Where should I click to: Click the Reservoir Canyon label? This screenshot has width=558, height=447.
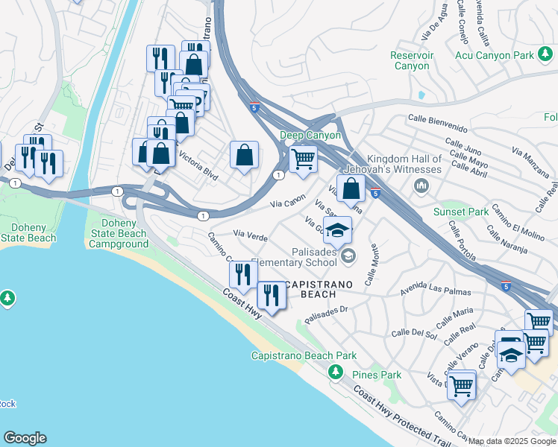(x=411, y=60)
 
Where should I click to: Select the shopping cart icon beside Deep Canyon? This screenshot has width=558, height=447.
(x=303, y=159)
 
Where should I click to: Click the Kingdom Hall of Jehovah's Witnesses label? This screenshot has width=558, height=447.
(x=394, y=164)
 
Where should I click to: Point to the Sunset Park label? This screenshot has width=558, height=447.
(x=461, y=212)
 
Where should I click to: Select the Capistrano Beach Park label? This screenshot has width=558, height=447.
(x=304, y=356)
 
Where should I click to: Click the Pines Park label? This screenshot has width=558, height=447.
(x=377, y=375)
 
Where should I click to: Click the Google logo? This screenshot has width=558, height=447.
(x=25, y=438)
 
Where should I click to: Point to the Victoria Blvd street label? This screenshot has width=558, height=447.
(x=196, y=165)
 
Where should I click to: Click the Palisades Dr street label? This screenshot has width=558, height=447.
(x=326, y=313)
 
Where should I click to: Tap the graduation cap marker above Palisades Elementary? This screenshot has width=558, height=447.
(x=337, y=229)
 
